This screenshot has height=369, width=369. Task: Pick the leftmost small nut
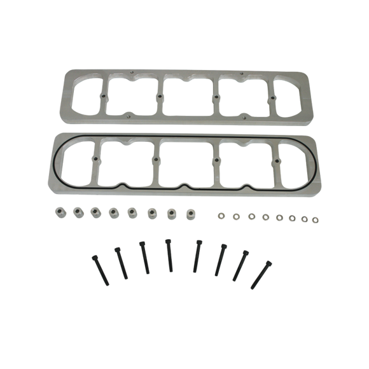pos(223,213)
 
